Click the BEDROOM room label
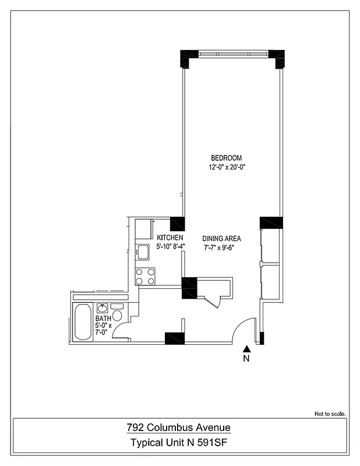pos(226,158)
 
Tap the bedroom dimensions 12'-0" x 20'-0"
pos(226,168)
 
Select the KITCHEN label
pos(170,238)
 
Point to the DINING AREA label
pos(221,239)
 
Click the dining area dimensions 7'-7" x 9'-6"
pos(221,248)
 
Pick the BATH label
pos(103,319)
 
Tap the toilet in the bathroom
pos(117,316)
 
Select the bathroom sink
pos(103,308)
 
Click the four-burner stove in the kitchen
pos(145,276)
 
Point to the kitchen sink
pos(143,252)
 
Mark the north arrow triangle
pos(246,348)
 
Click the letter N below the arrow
pos(246,359)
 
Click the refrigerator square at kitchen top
pos(143,228)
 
